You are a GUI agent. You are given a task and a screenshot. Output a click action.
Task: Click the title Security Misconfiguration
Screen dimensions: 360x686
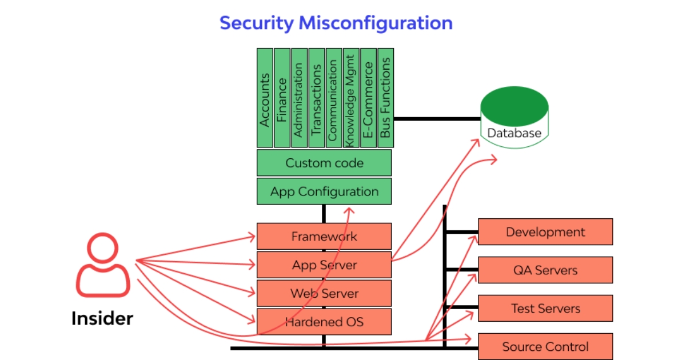click(336, 23)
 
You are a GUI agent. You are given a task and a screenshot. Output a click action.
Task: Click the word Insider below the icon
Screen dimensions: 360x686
click(102, 318)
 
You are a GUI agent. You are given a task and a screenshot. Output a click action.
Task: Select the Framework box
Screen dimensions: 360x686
click(324, 236)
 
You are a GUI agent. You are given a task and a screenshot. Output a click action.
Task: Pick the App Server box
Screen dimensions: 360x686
click(324, 265)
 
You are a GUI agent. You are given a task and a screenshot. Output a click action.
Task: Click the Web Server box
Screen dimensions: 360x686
click(324, 293)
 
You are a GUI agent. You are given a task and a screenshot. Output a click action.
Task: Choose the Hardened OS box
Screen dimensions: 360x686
click(324, 322)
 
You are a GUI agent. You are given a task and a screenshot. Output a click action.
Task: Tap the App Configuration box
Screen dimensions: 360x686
click(324, 191)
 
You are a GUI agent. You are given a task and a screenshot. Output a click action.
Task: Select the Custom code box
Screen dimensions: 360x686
click(324, 163)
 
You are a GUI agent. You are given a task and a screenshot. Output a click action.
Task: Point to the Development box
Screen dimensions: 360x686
click(545, 231)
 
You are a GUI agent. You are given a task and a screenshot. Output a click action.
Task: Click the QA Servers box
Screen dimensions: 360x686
click(545, 270)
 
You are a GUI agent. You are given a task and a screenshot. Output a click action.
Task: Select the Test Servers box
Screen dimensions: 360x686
click(545, 308)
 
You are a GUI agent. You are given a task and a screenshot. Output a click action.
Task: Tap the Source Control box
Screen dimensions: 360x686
click(545, 346)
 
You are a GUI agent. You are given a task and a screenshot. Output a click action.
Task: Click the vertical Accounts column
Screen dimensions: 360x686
click(265, 98)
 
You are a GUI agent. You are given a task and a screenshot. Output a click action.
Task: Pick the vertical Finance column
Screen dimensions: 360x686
click(282, 98)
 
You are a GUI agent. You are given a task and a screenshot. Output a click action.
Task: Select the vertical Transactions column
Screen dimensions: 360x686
click(316, 98)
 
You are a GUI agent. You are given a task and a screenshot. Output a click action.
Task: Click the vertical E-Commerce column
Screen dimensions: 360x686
click(368, 98)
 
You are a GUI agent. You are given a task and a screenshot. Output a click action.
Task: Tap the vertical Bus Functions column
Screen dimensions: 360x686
click(385, 98)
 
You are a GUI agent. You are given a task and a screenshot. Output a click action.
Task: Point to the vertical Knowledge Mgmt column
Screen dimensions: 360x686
click(350, 98)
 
